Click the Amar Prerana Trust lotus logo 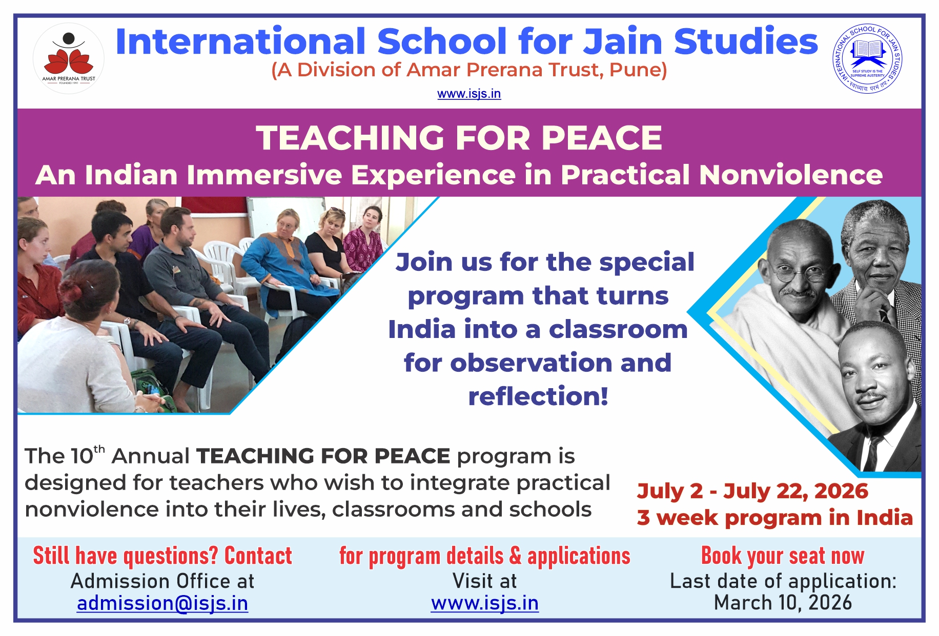tap(69, 58)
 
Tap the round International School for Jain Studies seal tap(867, 59)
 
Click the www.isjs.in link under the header tap(469, 94)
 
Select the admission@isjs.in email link tap(162, 603)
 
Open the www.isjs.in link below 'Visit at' tap(485, 603)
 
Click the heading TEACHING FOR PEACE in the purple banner tap(459, 138)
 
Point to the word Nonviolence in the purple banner tap(791, 175)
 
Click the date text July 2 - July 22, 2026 tap(753, 491)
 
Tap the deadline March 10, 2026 tap(783, 603)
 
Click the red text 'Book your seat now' tap(783, 556)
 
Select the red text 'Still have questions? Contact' tap(162, 556)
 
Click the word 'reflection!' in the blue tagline tap(538, 396)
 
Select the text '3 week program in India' tap(775, 518)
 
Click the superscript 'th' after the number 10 tap(99, 450)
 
